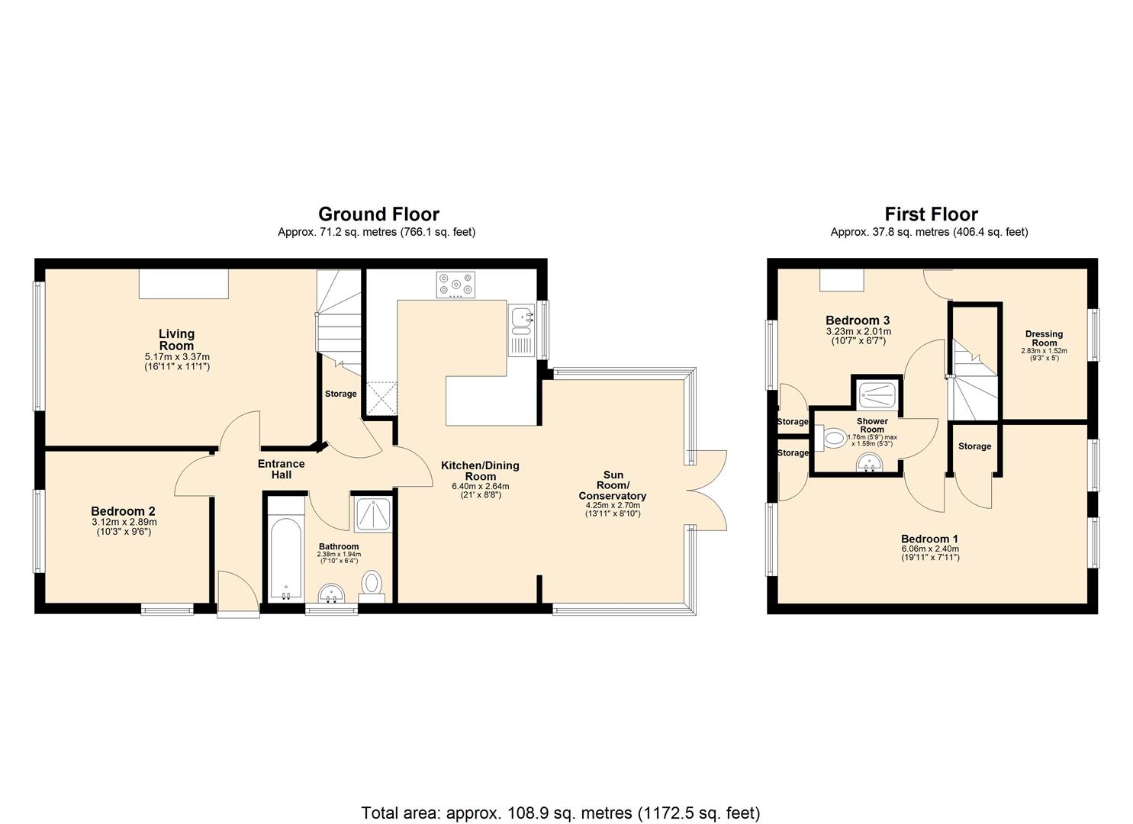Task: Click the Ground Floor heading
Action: tap(378, 214)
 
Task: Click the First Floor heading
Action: tap(930, 214)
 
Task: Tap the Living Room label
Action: tap(176, 340)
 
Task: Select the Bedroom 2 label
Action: tap(124, 511)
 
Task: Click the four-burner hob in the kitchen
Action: tap(455, 285)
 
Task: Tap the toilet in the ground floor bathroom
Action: tap(372, 584)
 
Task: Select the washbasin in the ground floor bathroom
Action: tap(331, 592)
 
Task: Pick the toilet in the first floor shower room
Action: tap(833, 439)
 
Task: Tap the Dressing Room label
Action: tap(1044, 338)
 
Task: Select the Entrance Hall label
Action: tap(281, 469)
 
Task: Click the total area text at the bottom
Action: tap(560, 813)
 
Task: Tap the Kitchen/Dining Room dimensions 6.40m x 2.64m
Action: tap(480, 486)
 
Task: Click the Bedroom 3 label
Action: tap(858, 320)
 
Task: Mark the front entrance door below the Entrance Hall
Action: tap(237, 592)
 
